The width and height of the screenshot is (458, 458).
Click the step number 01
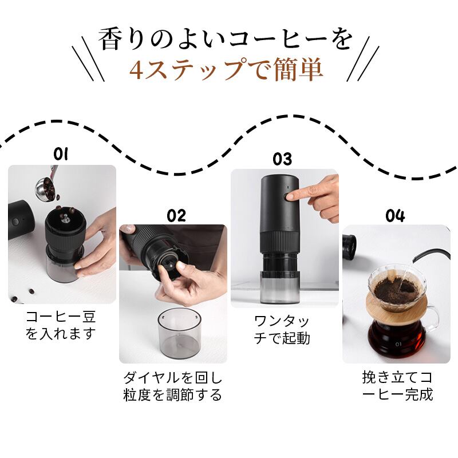click(61, 154)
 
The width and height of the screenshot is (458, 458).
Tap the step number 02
click(176, 216)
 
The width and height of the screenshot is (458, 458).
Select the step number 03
click(282, 159)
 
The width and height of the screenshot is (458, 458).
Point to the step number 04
click(395, 216)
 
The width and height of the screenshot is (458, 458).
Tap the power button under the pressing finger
click(289, 196)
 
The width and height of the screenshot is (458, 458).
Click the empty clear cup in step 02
click(180, 334)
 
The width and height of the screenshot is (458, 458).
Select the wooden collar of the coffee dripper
click(397, 307)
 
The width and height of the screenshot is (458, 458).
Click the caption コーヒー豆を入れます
click(61, 325)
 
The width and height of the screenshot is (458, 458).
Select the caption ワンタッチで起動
click(282, 330)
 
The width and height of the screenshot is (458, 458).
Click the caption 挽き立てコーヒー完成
click(397, 385)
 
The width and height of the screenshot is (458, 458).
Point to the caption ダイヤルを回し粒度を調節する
click(173, 386)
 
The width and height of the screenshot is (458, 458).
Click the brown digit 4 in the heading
click(136, 70)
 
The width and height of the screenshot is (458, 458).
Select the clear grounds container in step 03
click(280, 288)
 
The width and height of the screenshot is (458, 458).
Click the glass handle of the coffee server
click(432, 320)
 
